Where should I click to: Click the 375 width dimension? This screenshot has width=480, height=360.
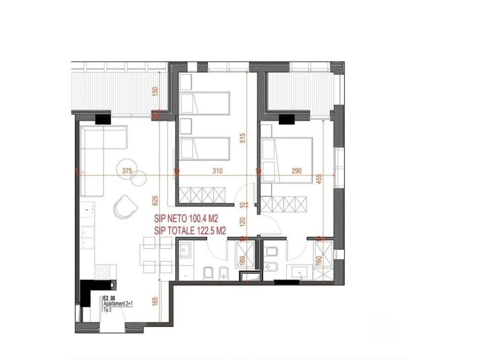[127, 171]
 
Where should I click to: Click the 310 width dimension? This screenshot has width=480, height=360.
[217, 171]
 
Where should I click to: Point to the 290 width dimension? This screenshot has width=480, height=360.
[297, 171]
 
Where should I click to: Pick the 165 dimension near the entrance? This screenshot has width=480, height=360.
[155, 301]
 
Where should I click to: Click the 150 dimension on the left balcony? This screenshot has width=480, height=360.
[155, 92]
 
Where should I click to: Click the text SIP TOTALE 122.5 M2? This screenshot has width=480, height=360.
[190, 231]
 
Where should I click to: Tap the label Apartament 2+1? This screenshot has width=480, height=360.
[118, 304]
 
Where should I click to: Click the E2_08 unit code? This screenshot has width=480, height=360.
[110, 298]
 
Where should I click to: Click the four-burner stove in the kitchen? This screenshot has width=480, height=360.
[103, 271]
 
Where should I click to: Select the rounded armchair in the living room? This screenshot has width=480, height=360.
[125, 205]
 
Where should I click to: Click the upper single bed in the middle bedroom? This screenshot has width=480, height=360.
[205, 103]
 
